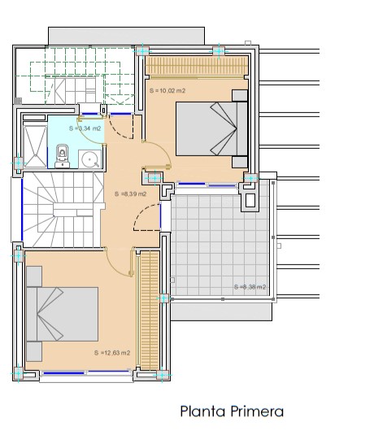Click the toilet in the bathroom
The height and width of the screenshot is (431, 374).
point(62,156)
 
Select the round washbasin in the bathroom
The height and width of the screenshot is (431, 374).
point(89,159)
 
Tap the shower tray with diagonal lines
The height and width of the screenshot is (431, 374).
point(35,146)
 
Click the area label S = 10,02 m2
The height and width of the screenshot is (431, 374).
point(167,91)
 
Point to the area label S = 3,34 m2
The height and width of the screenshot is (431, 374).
point(85,128)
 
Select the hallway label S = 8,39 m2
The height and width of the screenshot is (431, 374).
point(131,194)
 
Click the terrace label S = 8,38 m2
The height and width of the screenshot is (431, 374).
point(250,287)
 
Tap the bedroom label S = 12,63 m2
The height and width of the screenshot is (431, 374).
point(112,353)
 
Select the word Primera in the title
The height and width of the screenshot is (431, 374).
point(257,411)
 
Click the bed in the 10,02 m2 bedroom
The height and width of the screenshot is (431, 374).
point(212,129)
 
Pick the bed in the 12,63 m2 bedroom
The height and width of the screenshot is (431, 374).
point(63,314)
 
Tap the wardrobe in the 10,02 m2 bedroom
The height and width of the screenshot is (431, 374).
point(197,65)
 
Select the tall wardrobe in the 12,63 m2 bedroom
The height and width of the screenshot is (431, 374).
point(150,311)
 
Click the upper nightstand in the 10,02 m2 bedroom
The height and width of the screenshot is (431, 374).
point(240,96)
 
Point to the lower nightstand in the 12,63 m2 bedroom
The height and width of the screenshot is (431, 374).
point(34,351)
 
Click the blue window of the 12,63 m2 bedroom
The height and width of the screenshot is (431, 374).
point(86,373)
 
